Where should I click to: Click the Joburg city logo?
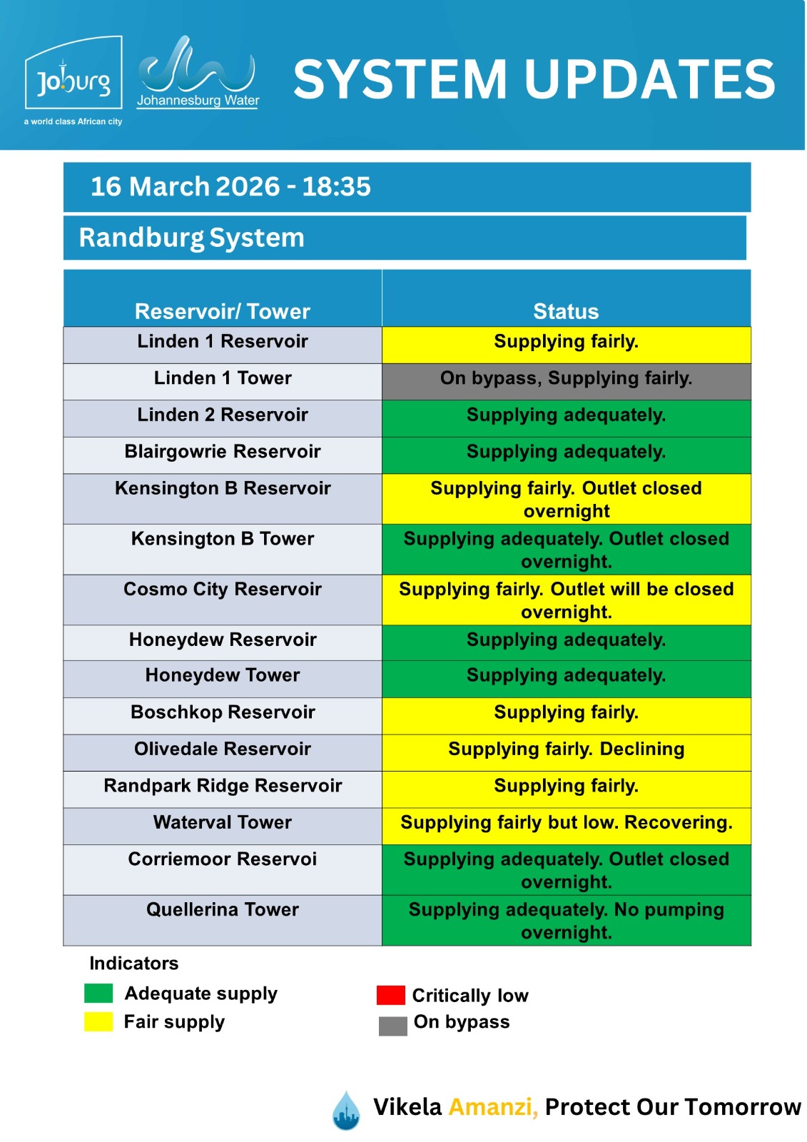(73, 79)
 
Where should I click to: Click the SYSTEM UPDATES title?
(534, 79)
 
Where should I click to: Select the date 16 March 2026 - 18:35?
(230, 187)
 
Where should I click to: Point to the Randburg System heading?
(191, 238)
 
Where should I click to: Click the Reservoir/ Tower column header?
(222, 311)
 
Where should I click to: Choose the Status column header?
(566, 311)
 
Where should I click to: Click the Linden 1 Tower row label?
(223, 378)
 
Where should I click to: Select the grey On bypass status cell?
(566, 381)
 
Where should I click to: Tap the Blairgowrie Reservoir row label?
(223, 452)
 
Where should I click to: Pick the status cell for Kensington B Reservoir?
(566, 499)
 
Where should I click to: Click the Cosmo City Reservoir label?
(223, 590)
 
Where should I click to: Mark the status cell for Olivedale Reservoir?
(566, 752)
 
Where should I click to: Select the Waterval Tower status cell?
(566, 825)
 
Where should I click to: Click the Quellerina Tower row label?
(223, 910)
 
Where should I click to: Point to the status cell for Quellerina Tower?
(566, 921)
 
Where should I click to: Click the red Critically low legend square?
(390, 995)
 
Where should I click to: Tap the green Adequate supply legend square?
(98, 993)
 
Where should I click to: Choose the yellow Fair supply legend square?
(98, 1021)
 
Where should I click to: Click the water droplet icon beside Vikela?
(347, 1111)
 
